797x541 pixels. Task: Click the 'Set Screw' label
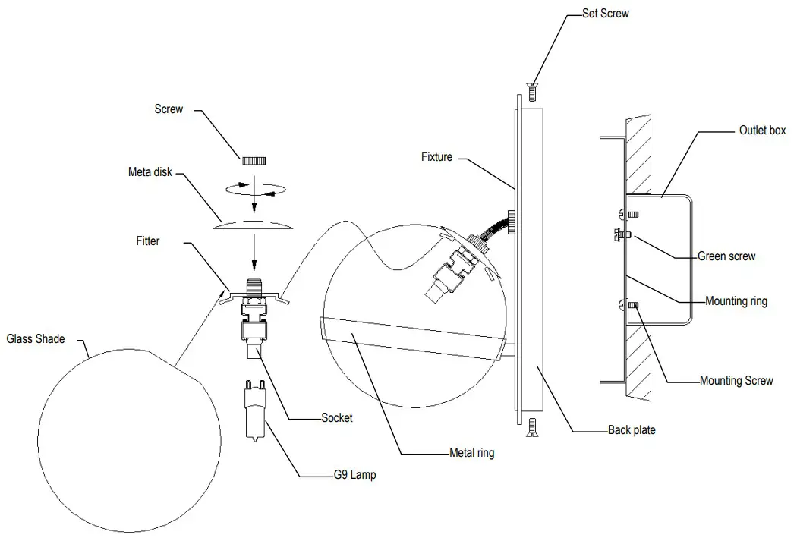pyautogui.click(x=605, y=13)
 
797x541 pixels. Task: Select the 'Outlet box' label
pyautogui.click(x=762, y=131)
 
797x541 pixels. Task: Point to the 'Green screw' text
pyautogui.click(x=726, y=256)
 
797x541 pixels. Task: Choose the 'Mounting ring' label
pyautogui.click(x=736, y=301)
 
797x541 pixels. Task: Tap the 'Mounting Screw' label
pyautogui.click(x=736, y=381)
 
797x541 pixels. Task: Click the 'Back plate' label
pyautogui.click(x=632, y=430)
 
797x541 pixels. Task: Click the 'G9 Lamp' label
pyautogui.click(x=354, y=476)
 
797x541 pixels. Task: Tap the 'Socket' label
pyautogui.click(x=337, y=418)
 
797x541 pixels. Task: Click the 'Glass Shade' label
pyautogui.click(x=35, y=339)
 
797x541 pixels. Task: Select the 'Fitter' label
pyautogui.click(x=148, y=241)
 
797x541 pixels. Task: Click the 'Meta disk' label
pyautogui.click(x=150, y=172)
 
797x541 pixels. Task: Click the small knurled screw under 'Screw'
pyautogui.click(x=254, y=161)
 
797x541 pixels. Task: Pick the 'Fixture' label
pyautogui.click(x=436, y=157)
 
